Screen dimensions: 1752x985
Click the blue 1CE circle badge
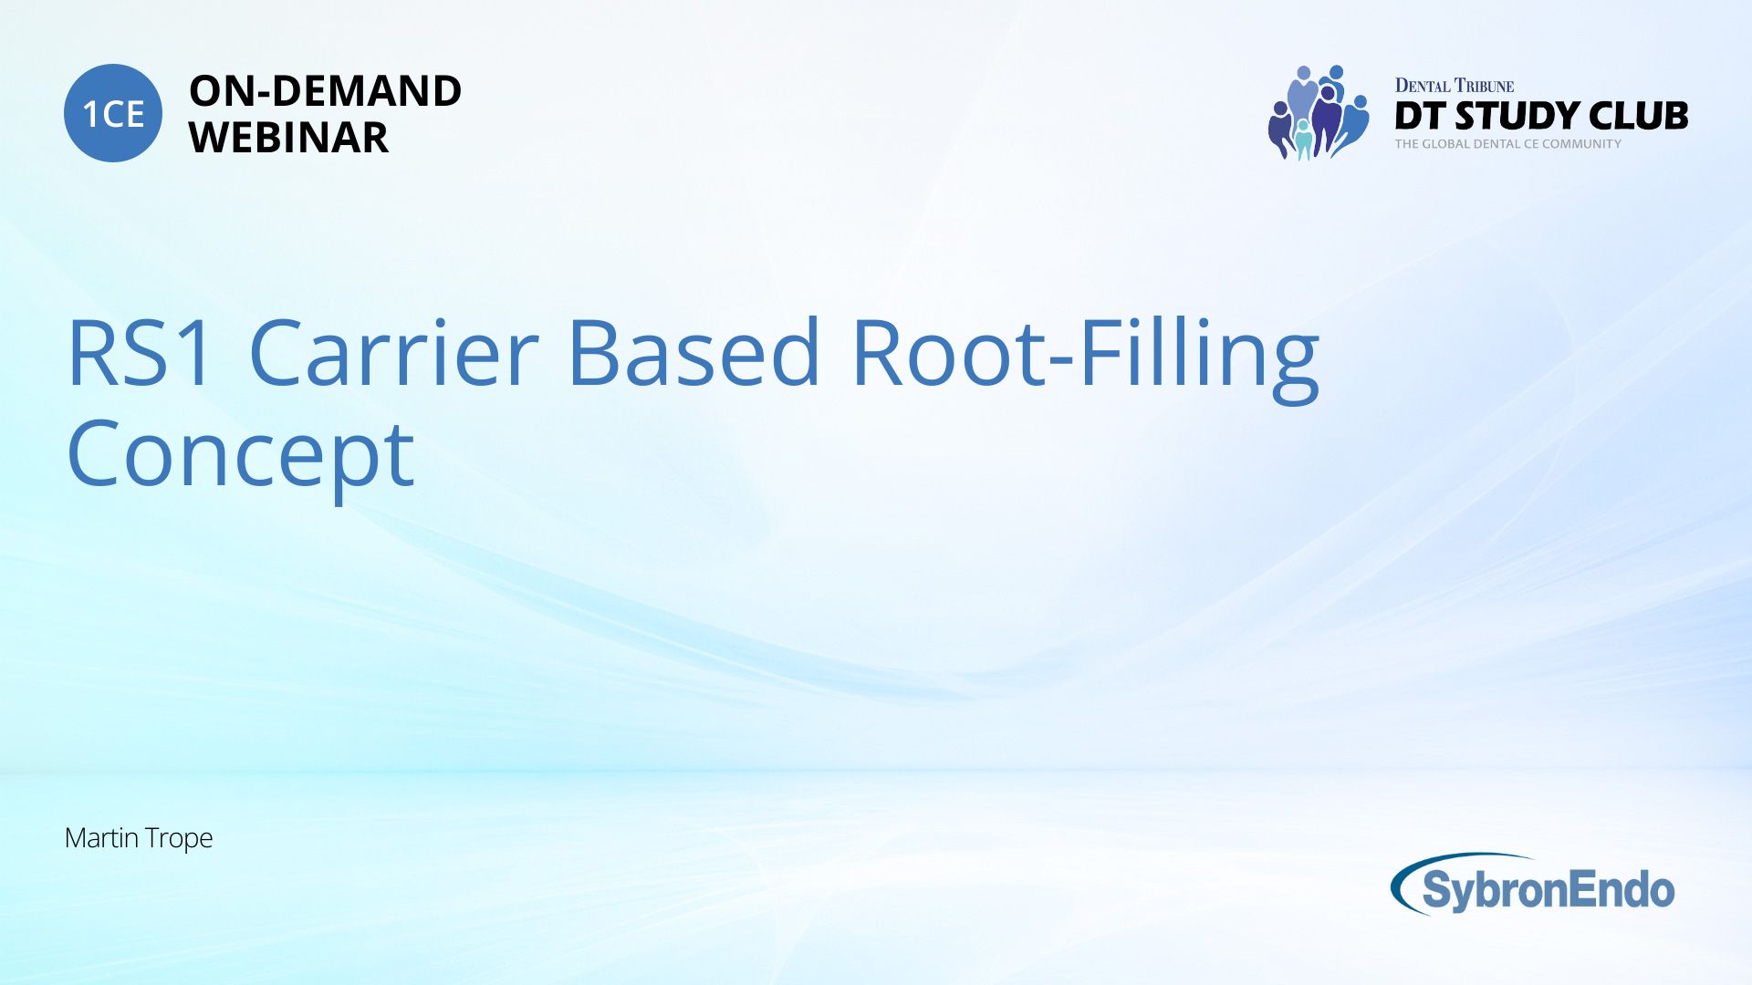click(113, 113)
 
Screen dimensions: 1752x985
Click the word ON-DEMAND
click(325, 91)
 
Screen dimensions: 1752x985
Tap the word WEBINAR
click(288, 138)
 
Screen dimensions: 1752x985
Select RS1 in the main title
click(141, 352)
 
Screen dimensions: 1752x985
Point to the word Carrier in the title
click(394, 352)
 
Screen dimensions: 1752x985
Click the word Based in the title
click(693, 352)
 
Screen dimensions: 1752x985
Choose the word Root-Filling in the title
click(1086, 359)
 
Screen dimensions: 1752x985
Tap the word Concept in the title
click(241, 456)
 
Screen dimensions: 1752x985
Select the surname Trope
click(179, 839)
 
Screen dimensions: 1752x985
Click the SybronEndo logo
click(1533, 885)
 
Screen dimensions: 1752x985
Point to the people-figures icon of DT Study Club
click(1319, 113)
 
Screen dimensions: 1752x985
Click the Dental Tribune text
click(1455, 86)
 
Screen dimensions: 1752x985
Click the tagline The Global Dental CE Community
click(1508, 144)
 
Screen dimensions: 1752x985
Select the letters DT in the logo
click(1421, 116)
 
